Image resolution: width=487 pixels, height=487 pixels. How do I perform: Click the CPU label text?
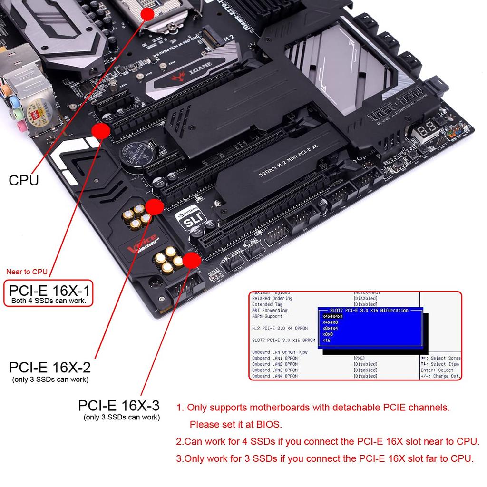24,180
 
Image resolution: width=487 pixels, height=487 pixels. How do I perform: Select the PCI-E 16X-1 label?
49,290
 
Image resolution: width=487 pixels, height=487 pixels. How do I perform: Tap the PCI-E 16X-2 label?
50,368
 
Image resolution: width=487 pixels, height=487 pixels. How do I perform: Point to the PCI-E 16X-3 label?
119,406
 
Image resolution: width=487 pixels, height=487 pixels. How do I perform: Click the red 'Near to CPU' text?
27,272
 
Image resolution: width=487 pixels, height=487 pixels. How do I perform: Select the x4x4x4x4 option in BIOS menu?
332,316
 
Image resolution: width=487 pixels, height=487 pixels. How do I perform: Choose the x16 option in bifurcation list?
327,340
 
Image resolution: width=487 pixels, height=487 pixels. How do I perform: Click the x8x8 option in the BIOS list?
328,334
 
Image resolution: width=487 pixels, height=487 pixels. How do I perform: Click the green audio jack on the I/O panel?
17,114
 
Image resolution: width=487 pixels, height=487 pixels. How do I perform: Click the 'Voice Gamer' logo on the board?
142,243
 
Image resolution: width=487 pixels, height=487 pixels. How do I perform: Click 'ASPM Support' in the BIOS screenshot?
267,316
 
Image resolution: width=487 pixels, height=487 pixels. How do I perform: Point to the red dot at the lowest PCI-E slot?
191,261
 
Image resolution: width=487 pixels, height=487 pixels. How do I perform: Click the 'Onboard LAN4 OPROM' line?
274,376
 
